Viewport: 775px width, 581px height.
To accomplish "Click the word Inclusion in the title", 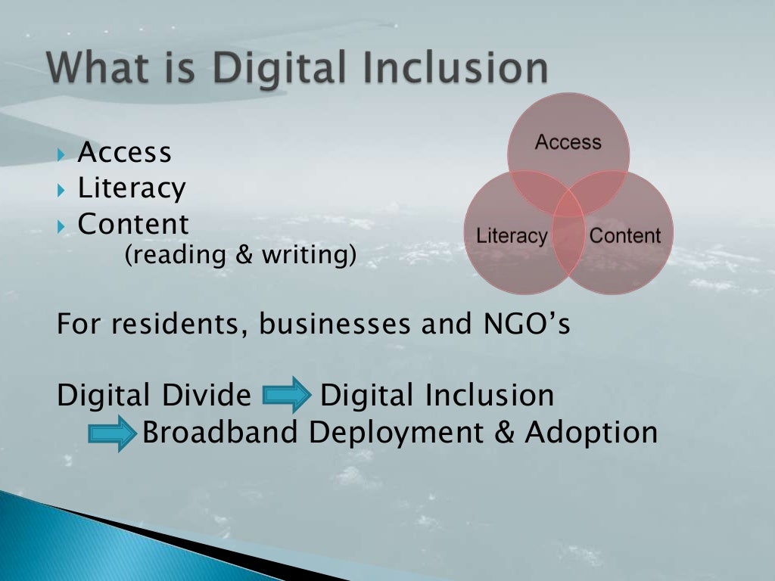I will point(463,69).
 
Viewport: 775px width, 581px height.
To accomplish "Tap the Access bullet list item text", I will point(125,153).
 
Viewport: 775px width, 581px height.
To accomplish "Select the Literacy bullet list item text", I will point(132,188).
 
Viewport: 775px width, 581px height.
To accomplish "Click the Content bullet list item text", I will point(133,224).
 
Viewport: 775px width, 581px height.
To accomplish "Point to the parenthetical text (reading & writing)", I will point(240,256).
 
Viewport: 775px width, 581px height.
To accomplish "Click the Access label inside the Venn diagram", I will point(568,142).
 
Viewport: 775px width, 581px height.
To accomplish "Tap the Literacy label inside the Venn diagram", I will point(511,235).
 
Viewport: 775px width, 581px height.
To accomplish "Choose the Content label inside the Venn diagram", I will point(624,235).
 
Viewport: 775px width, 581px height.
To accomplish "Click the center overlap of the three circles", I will point(568,207).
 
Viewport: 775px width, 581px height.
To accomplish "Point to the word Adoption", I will point(591,433).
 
